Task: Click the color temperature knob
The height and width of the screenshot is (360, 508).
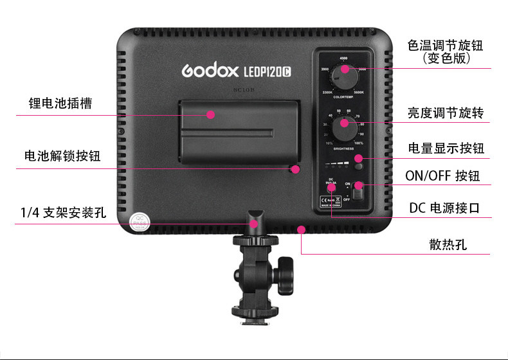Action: click(345, 77)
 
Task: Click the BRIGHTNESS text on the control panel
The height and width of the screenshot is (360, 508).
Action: click(343, 148)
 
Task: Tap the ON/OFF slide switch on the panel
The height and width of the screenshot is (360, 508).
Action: click(358, 192)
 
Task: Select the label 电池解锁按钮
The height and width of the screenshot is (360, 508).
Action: click(62, 156)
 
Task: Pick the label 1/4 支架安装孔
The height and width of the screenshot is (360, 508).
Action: click(63, 212)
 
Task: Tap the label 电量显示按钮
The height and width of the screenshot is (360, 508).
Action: click(446, 148)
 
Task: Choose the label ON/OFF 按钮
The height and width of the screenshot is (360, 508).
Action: click(442, 176)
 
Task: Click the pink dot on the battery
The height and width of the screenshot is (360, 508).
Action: click(210, 114)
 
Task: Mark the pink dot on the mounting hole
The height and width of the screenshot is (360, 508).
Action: click(255, 223)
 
